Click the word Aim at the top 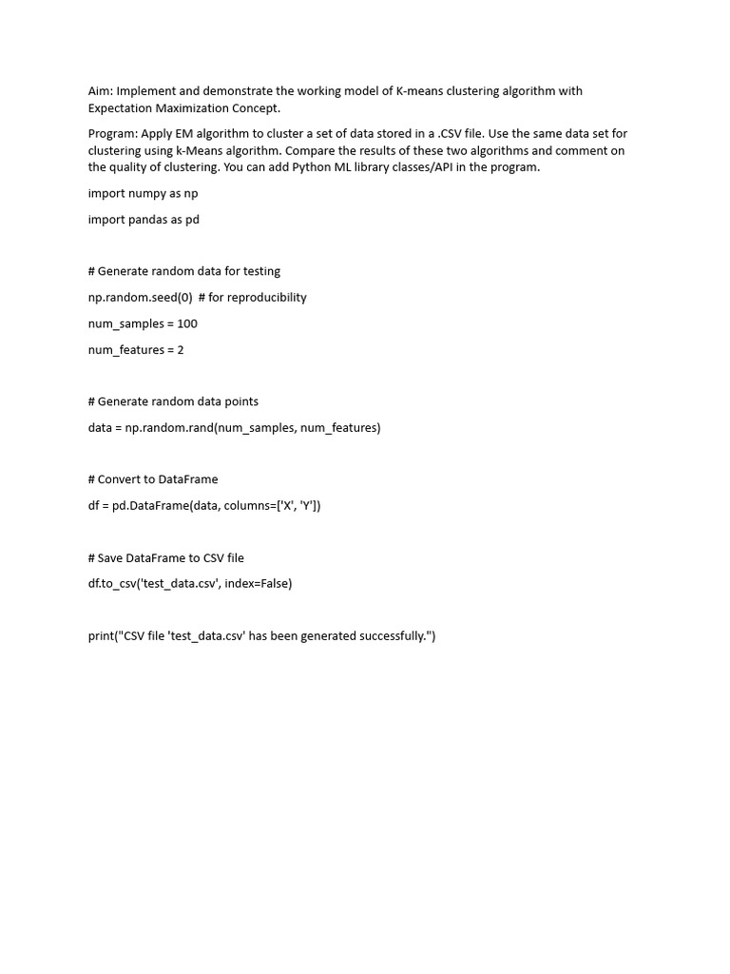click(x=100, y=91)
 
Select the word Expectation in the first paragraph click(x=121, y=108)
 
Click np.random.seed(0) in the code click(x=140, y=298)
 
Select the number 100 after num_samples click(x=187, y=323)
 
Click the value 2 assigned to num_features click(x=181, y=350)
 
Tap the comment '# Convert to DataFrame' click(x=153, y=479)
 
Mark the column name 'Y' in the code click(x=309, y=506)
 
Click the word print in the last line click(x=101, y=636)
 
